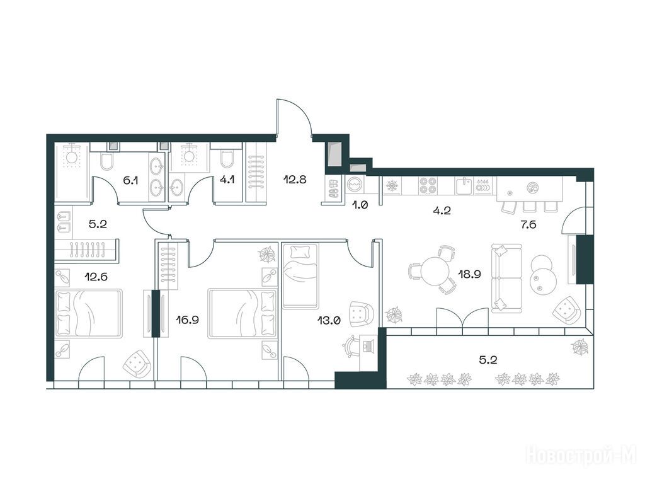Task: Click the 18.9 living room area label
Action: [470, 274]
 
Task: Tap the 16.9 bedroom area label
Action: [188, 320]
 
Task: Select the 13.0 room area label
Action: [329, 320]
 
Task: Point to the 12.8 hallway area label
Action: [295, 180]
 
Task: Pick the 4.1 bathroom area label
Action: [227, 180]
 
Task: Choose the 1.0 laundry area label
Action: [360, 205]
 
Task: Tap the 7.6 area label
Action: [528, 225]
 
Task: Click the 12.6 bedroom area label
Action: [96, 277]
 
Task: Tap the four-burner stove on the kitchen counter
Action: [428, 185]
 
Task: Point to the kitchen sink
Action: [465, 185]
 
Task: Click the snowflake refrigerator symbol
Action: [392, 187]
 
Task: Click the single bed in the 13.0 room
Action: [300, 276]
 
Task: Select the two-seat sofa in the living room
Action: [507, 277]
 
